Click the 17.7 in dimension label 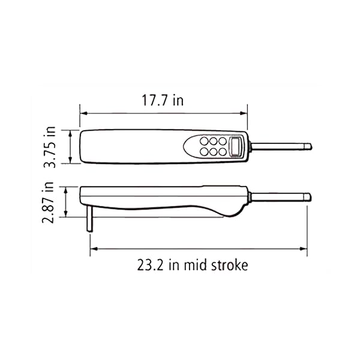(163, 100)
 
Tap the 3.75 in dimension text (50, 147)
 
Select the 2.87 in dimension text (48, 203)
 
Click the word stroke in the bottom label (229, 265)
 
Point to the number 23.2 (150, 265)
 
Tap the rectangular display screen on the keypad (235, 146)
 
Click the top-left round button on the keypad (204, 141)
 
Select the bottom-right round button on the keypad (223, 152)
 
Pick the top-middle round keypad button (213, 141)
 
